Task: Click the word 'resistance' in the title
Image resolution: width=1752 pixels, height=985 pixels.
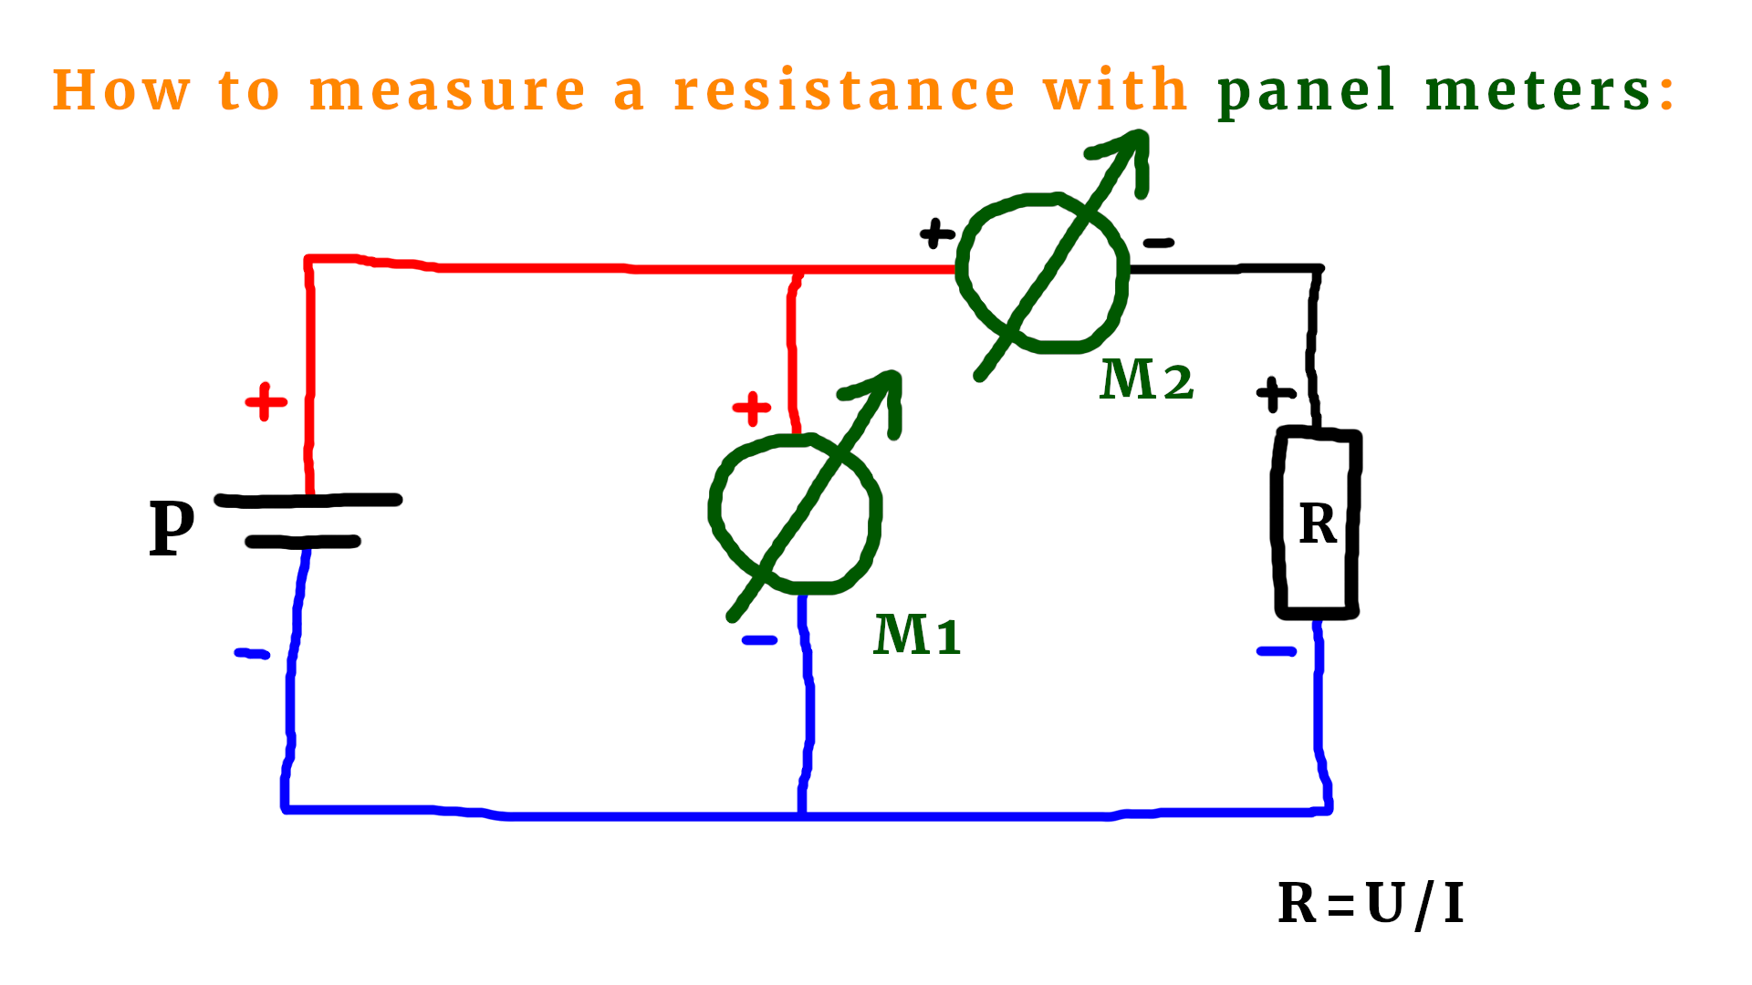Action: (x=844, y=90)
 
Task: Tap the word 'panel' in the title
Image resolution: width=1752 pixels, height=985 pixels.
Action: (x=1306, y=92)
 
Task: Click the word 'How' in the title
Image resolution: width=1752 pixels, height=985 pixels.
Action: (x=121, y=90)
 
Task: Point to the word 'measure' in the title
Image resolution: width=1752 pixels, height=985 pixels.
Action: (x=447, y=90)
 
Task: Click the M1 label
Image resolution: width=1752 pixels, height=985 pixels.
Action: (x=917, y=635)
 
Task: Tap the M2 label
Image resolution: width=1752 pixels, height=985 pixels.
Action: (x=1147, y=379)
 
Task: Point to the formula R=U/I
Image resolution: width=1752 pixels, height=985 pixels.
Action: (x=1371, y=904)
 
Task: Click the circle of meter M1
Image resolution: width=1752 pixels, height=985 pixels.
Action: (x=795, y=514)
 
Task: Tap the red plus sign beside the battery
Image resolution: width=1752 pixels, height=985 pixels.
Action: (x=266, y=401)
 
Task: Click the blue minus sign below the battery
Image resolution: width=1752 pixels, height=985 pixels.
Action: (x=252, y=653)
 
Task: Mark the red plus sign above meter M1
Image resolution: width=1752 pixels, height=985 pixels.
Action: (x=752, y=409)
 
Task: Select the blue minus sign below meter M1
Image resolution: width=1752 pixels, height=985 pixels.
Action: (x=759, y=640)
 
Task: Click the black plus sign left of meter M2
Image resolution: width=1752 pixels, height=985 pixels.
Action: (x=937, y=233)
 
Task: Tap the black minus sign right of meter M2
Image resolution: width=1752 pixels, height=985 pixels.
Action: (x=1159, y=243)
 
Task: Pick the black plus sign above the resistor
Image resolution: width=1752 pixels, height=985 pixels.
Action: (x=1276, y=394)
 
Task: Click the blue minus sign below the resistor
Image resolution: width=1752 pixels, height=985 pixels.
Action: (x=1276, y=651)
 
